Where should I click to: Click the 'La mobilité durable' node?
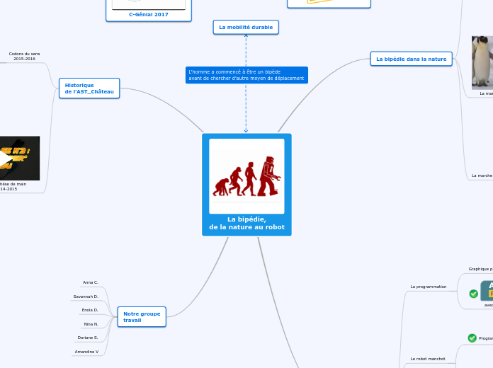pyautogui.click(x=246, y=27)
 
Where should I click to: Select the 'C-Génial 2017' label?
pyautogui.click(x=148, y=14)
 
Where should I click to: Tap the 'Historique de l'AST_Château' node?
pyautogui.click(x=89, y=88)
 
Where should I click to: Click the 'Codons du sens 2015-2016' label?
pyautogui.click(x=24, y=56)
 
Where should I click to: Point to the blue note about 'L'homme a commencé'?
pyautogui.click(x=246, y=75)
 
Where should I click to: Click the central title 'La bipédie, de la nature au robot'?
pyautogui.click(x=246, y=223)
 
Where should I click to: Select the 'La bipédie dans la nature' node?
pyautogui.click(x=411, y=59)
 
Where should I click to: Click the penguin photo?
pyautogui.click(x=483, y=62)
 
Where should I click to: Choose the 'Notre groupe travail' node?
pyautogui.click(x=142, y=316)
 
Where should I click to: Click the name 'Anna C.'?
pyautogui.click(x=91, y=282)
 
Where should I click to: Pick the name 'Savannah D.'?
pyautogui.click(x=86, y=297)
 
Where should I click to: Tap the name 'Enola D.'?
pyautogui.click(x=89, y=310)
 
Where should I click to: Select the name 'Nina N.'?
pyautogui.click(x=91, y=324)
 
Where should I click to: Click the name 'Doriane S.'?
pyautogui.click(x=88, y=338)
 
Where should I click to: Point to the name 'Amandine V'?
pyautogui.click(x=86, y=351)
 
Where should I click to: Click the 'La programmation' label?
pyautogui.click(x=429, y=287)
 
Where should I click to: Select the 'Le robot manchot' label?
pyautogui.click(x=428, y=359)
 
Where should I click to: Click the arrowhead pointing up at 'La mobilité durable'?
pyautogui.click(x=246, y=35)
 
